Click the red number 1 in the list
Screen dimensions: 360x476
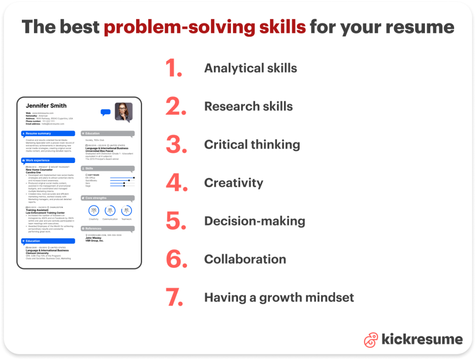[174, 68]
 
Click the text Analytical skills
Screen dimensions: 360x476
[251, 68]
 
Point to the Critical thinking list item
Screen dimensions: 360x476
[252, 144]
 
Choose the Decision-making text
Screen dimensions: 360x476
[255, 221]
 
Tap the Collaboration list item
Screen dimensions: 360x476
[245, 259]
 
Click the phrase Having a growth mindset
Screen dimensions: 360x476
[279, 297]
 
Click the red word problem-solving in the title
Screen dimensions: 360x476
[205, 27]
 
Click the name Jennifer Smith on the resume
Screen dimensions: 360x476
[46, 106]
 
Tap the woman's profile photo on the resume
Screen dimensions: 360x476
[124, 112]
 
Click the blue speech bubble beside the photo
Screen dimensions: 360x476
[106, 112]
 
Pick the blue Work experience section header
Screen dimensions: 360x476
[48, 160]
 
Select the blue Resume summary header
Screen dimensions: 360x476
[48, 133]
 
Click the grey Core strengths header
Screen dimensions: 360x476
[107, 198]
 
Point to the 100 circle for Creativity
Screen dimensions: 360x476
[93, 210]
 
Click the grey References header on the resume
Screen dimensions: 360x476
[107, 229]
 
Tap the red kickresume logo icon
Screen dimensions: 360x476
[370, 340]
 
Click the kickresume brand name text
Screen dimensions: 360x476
[422, 340]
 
